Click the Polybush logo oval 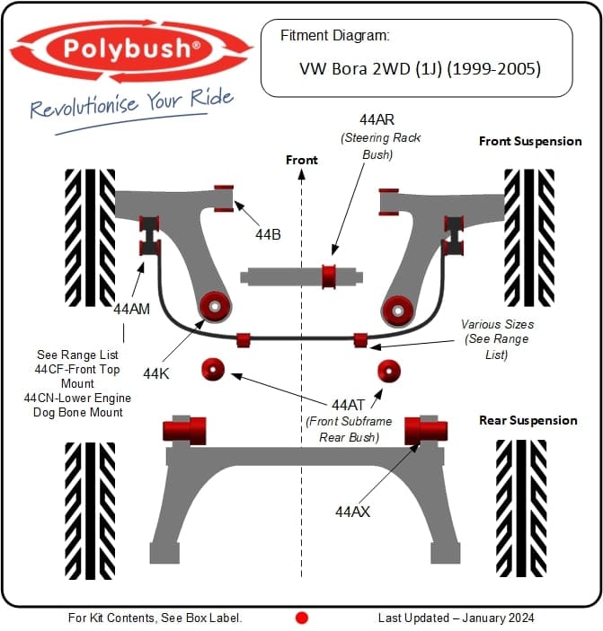[x=131, y=48]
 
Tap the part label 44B [x=268, y=235]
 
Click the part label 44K [x=156, y=371]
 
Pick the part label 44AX [x=352, y=512]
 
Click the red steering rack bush [x=330, y=276]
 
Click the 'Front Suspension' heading [x=530, y=141]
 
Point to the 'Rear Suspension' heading [x=528, y=420]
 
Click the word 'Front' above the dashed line [x=302, y=160]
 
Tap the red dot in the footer [x=302, y=618]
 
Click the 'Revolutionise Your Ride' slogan [x=131, y=106]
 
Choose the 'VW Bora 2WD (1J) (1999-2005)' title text [x=419, y=68]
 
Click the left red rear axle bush [x=185, y=430]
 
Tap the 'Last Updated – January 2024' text [x=456, y=618]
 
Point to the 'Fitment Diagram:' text [x=334, y=36]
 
